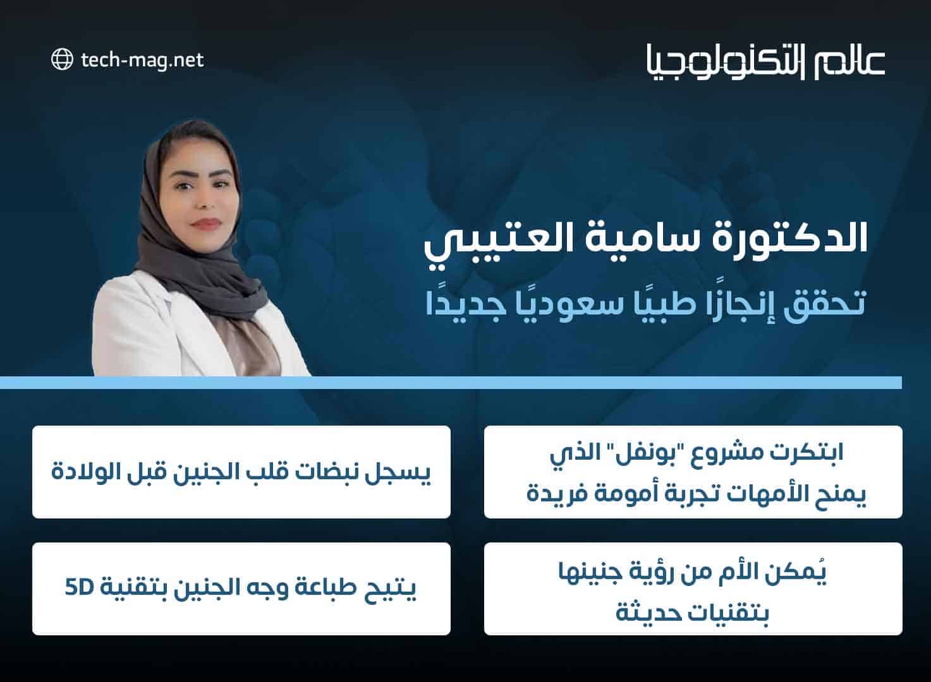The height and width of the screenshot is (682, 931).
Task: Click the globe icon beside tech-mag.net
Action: coord(63,59)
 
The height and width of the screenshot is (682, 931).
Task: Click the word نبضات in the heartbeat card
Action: coord(328,472)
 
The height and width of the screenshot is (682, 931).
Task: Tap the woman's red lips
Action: coord(205,224)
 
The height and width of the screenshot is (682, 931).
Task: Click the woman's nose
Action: coord(205,201)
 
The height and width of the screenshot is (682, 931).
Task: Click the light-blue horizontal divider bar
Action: coord(451,383)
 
